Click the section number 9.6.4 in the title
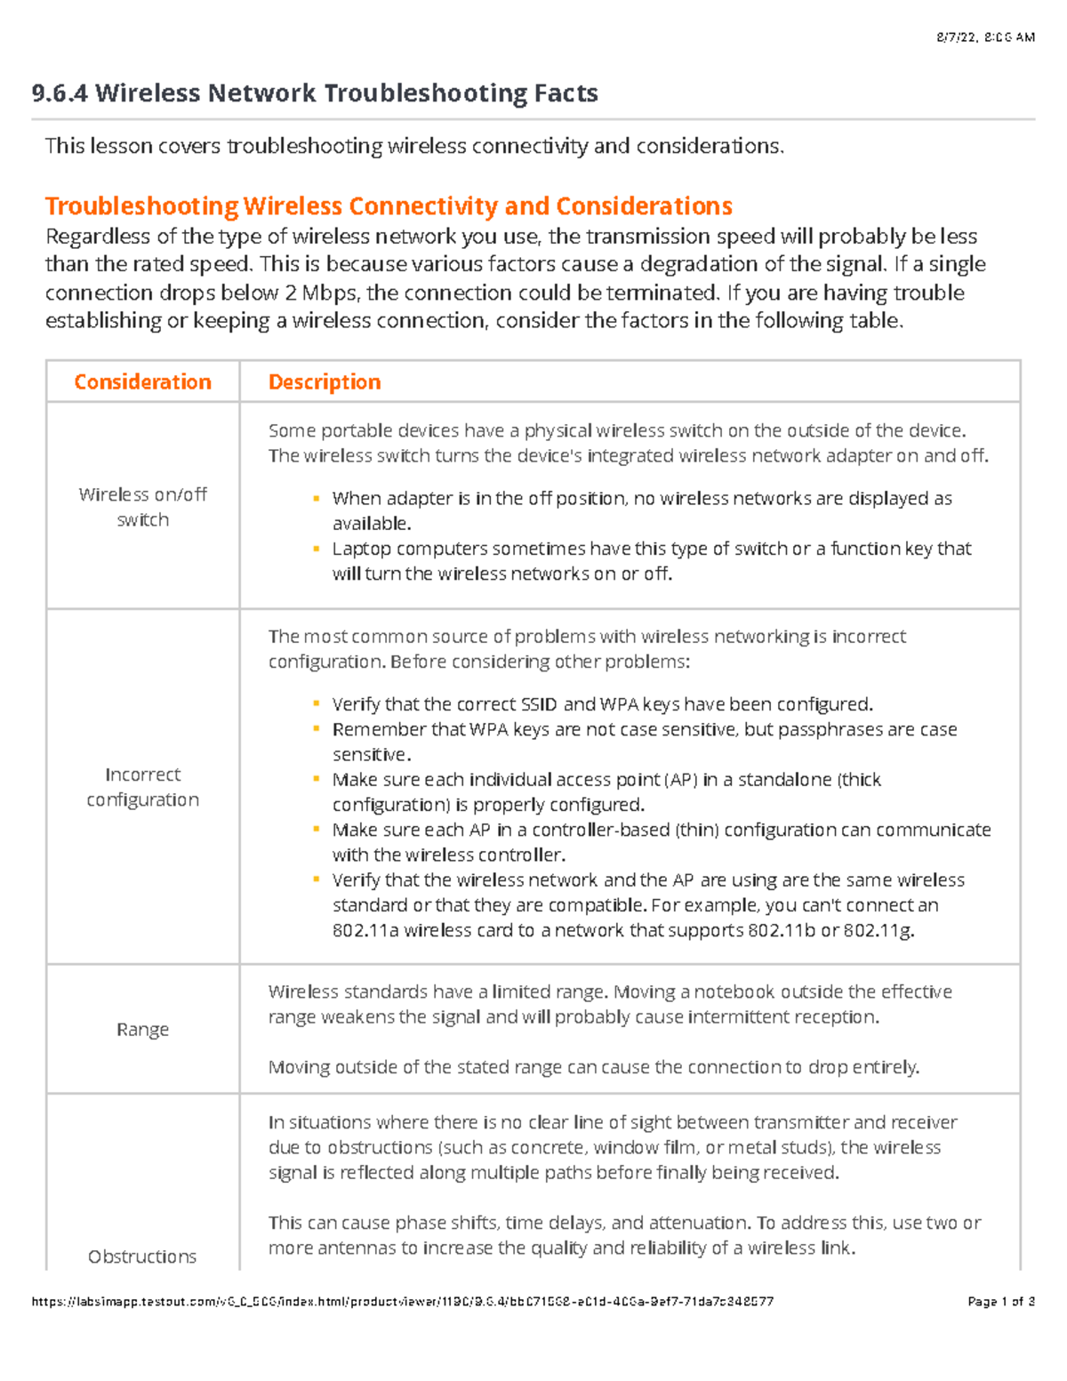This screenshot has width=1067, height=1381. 59,93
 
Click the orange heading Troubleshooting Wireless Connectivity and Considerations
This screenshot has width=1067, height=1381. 389,206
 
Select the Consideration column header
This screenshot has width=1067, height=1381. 142,382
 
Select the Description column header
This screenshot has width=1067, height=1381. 325,382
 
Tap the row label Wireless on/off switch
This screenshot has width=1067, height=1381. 142,507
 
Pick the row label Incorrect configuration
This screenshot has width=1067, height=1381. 142,787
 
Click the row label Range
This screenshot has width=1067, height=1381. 142,1030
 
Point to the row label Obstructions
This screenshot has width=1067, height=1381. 142,1257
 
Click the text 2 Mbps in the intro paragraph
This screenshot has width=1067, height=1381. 324,293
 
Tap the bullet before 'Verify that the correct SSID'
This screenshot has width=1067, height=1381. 316,704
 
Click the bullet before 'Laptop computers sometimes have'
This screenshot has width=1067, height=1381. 316,549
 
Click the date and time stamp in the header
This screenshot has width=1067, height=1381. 985,37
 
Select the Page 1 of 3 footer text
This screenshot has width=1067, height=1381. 1000,1302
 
